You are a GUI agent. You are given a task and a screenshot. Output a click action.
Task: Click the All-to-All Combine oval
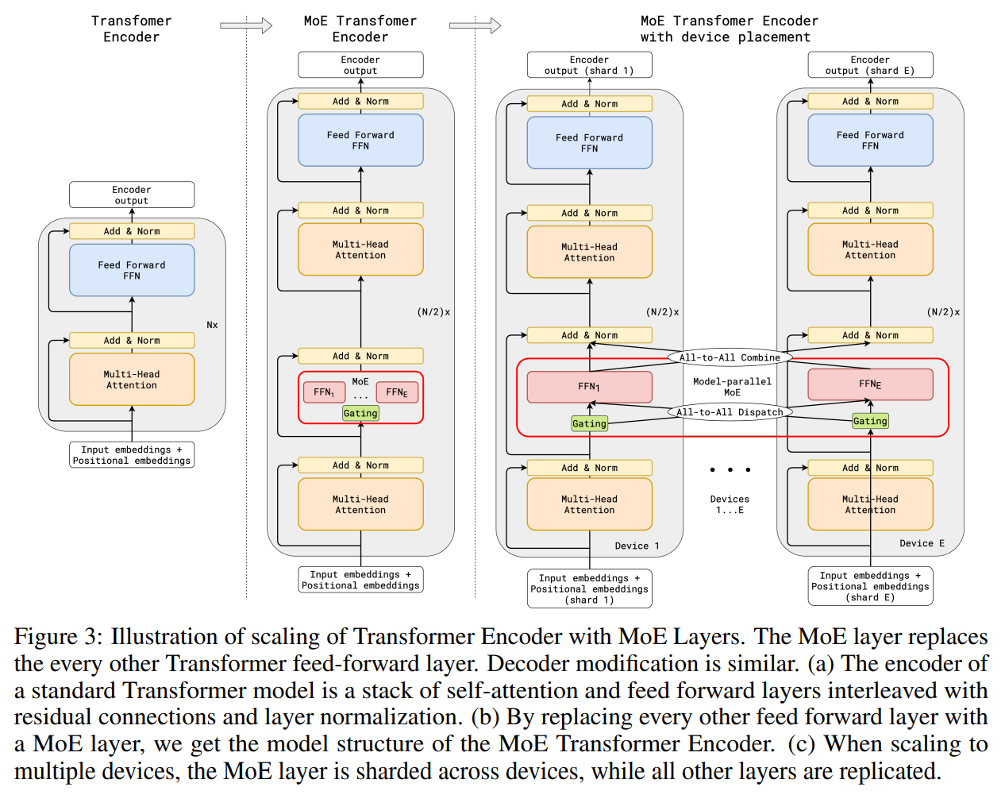(730, 357)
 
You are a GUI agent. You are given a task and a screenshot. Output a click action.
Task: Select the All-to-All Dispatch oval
(730, 411)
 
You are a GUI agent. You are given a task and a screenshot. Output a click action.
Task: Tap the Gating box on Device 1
(589, 423)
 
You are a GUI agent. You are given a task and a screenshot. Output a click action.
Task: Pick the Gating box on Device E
(869, 421)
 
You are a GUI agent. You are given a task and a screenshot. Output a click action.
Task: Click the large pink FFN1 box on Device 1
(589, 387)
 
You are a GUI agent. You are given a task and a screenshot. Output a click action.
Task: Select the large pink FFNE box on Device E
(870, 384)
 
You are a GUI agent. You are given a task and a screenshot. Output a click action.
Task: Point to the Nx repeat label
(212, 325)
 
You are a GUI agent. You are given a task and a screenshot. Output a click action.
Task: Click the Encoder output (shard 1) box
(589, 64)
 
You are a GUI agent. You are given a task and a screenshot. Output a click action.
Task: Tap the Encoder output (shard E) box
(870, 64)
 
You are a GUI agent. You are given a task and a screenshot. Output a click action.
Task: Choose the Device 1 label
(637, 546)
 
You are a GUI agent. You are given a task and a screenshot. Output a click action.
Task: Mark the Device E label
(922, 542)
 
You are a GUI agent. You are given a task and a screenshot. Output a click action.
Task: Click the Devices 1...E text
(730, 504)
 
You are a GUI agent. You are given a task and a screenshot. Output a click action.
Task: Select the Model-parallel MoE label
(732, 387)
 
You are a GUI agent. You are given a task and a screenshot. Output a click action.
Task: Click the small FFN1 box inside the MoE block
(324, 392)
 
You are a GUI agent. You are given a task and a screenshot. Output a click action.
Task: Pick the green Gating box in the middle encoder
(360, 413)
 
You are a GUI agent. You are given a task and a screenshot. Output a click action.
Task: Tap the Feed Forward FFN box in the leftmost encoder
(132, 270)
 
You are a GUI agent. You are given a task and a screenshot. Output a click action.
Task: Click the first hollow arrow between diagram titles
(246, 25)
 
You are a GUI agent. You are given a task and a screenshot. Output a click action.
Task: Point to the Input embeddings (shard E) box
(870, 586)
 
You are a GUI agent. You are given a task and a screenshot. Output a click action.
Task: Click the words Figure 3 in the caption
(58, 638)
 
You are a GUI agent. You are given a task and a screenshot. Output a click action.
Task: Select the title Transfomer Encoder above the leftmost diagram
(131, 29)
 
